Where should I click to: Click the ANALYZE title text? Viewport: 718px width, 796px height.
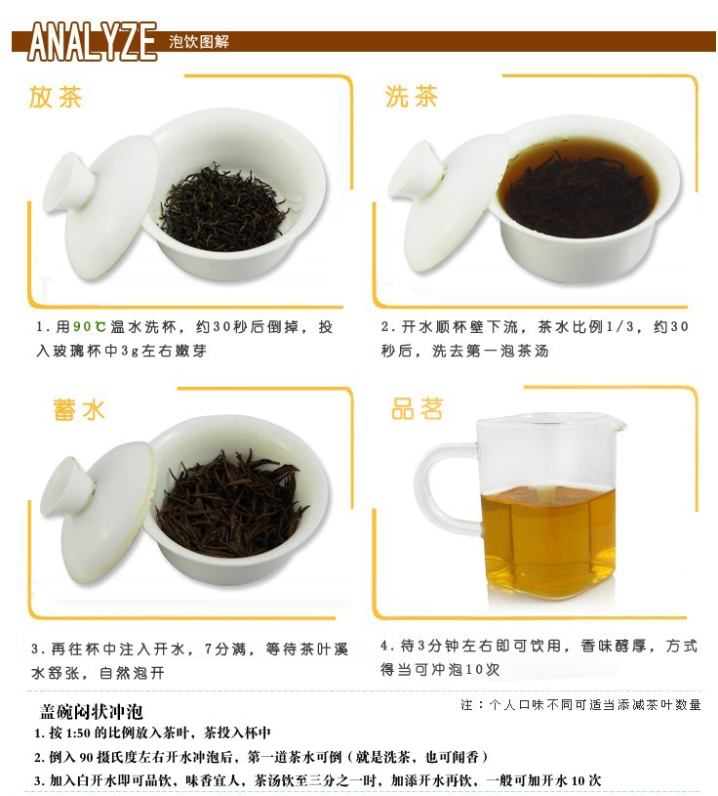93,42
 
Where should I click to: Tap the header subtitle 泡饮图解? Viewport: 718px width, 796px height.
199,42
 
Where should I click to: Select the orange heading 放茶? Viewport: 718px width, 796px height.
56,97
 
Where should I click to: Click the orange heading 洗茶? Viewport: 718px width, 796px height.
412,96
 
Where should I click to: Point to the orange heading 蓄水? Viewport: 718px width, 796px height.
79,409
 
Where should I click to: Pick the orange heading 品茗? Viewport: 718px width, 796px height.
418,408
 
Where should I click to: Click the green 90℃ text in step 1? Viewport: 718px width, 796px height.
89,326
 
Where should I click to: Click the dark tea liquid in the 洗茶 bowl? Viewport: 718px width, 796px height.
576,188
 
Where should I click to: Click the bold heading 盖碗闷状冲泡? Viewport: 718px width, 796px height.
92,711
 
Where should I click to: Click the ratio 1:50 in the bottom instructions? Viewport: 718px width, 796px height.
78,733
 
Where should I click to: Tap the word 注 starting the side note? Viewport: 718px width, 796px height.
466,704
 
